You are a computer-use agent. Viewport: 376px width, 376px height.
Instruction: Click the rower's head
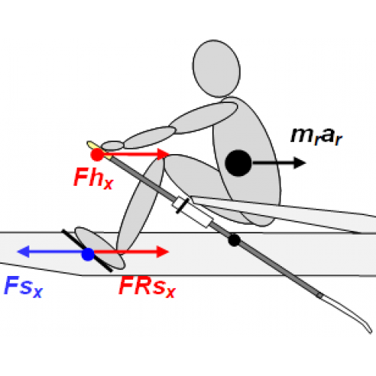coord(217,68)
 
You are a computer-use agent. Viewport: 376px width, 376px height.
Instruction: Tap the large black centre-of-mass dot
coord(238,163)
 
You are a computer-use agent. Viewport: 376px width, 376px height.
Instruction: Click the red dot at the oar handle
coord(97,154)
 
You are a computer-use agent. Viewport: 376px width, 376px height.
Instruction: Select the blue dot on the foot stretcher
coord(88,254)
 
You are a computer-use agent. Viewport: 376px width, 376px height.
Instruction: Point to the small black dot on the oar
coord(235,240)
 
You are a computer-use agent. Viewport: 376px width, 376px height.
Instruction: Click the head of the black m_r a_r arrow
coord(299,163)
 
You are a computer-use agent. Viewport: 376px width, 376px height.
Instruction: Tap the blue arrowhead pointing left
coord(23,251)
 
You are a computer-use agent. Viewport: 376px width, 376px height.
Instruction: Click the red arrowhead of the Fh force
coord(163,154)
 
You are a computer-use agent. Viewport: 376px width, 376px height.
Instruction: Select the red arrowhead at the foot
coord(162,252)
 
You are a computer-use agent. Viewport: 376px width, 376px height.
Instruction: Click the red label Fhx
coord(93,178)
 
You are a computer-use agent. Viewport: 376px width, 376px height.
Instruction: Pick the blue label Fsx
coord(23,287)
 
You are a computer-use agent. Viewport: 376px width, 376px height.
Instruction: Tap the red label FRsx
coord(147,287)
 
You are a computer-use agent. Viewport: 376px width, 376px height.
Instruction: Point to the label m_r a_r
coord(317,136)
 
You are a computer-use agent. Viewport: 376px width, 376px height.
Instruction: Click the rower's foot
coord(100,248)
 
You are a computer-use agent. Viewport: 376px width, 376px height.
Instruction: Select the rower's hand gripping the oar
coord(113,146)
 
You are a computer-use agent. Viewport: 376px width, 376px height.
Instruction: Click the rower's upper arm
coord(203,118)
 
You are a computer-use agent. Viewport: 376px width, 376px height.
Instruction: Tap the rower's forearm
coord(150,138)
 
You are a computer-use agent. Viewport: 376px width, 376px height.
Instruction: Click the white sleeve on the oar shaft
coord(193,212)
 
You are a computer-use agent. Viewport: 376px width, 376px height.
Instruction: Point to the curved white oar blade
coord(347,314)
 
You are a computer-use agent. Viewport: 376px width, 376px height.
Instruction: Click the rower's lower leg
coord(140,204)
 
